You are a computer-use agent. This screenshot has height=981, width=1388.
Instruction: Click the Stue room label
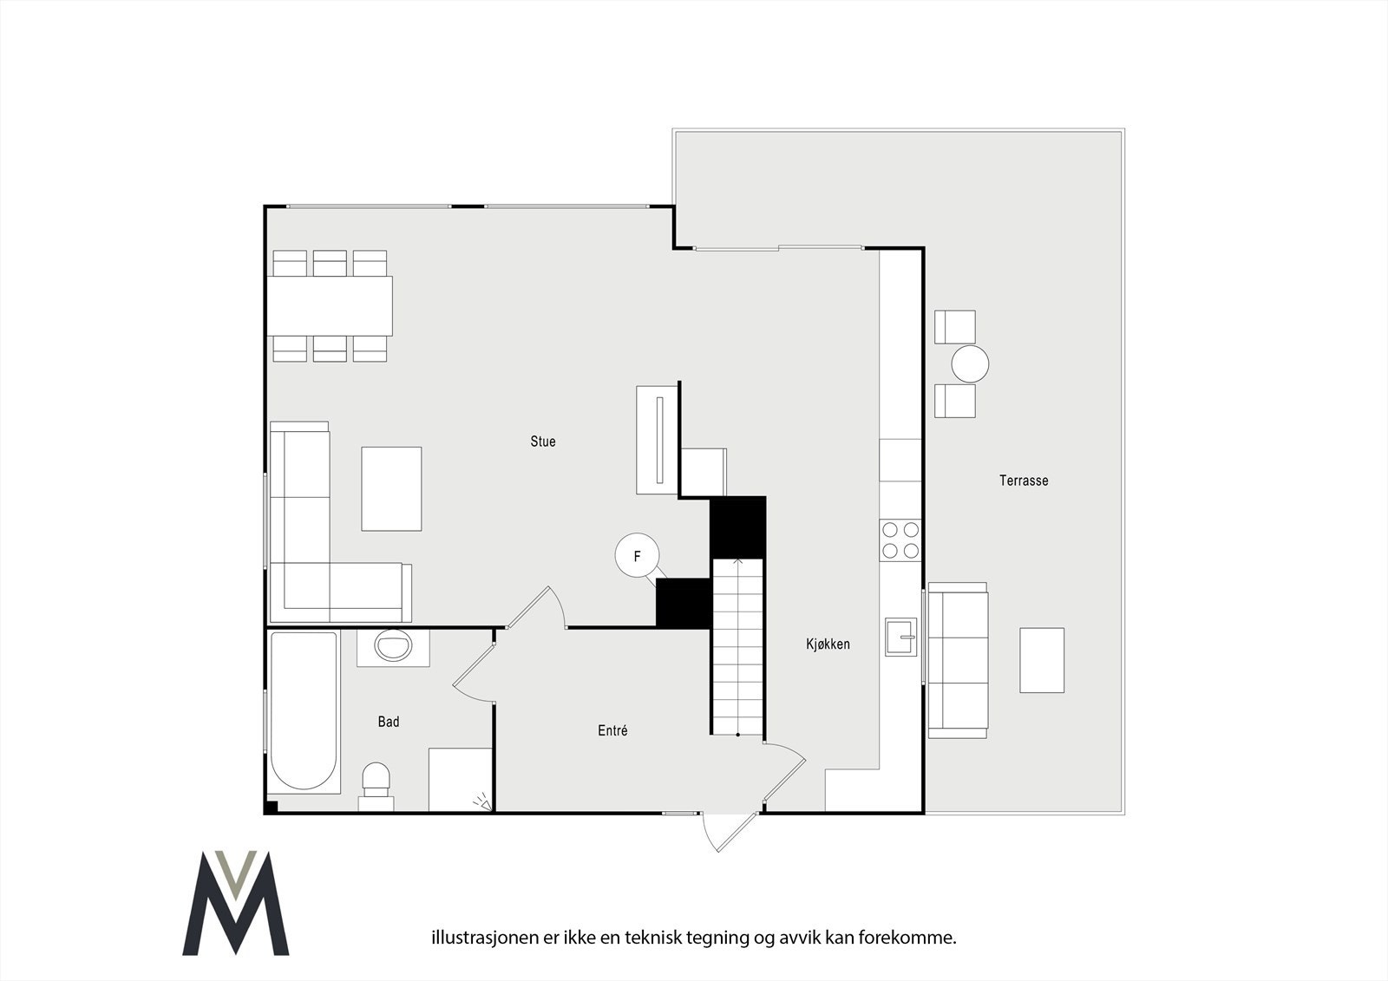coord(543,441)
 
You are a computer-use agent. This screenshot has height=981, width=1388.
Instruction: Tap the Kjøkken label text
coord(828,644)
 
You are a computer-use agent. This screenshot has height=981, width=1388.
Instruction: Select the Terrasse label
coord(1024,481)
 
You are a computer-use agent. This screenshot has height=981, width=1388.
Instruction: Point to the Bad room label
coord(389,722)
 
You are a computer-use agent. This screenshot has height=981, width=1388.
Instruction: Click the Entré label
coord(612,731)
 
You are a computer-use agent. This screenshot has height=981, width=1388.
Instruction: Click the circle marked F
coord(637,557)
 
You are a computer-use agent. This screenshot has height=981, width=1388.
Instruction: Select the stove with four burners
coord(900,539)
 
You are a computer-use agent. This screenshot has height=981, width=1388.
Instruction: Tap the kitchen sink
coord(900,638)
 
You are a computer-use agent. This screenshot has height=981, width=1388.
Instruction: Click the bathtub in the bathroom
coord(303,711)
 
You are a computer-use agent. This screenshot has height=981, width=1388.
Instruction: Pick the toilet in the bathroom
coord(376,779)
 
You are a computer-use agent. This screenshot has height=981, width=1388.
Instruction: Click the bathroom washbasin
coord(393,646)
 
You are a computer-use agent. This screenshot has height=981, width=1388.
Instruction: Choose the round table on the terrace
coord(970,364)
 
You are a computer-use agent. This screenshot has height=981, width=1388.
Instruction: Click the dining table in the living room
coord(330,305)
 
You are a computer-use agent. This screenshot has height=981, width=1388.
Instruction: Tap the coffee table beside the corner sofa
coord(391,488)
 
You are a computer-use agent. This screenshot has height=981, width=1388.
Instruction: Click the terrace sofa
coord(958,661)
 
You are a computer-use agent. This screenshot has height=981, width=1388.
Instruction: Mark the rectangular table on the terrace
coord(1042,660)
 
